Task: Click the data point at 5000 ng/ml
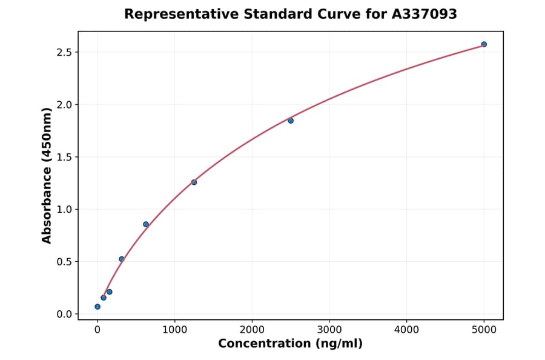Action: pyautogui.click(x=484, y=44)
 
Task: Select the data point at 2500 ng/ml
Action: pyautogui.click(x=291, y=121)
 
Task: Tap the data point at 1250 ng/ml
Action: pyautogui.click(x=194, y=182)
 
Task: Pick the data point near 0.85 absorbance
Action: pyautogui.click(x=146, y=224)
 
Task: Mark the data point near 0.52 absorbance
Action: pyautogui.click(x=122, y=259)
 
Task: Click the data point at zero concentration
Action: pyautogui.click(x=97, y=307)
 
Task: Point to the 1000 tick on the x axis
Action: pyautogui.click(x=174, y=330)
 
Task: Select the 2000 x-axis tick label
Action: pyautogui.click(x=252, y=330)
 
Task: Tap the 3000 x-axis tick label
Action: pyautogui.click(x=329, y=330)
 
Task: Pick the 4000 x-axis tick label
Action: pyautogui.click(x=406, y=330)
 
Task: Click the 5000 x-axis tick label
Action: pyautogui.click(x=484, y=330)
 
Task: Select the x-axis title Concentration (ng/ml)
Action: pyautogui.click(x=290, y=344)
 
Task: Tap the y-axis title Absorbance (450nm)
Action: pyautogui.click(x=47, y=175)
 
